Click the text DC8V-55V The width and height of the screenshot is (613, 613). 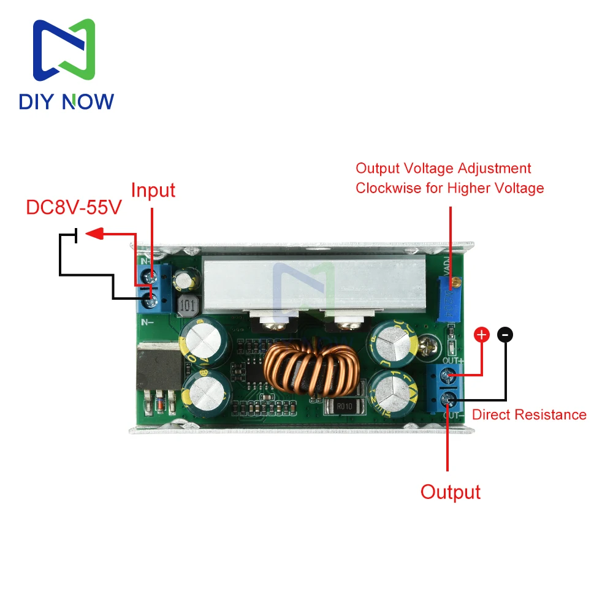74,207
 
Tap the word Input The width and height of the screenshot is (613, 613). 153,190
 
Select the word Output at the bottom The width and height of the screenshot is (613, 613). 451,492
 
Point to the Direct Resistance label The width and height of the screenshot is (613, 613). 529,414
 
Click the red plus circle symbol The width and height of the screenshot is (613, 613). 482,335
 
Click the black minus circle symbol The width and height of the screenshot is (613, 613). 505,335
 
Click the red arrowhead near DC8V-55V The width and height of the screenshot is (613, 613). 93,234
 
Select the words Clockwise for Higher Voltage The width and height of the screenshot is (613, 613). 450,188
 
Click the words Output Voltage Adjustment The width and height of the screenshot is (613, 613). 444,168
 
